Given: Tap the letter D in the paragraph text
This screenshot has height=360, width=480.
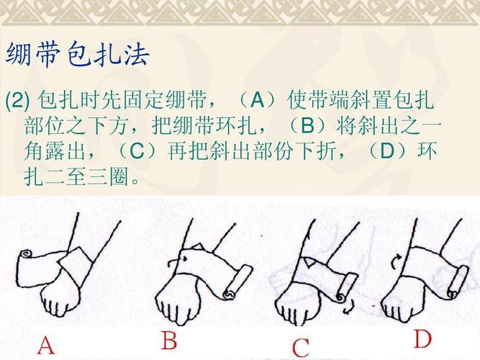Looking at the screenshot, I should click(386, 152).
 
